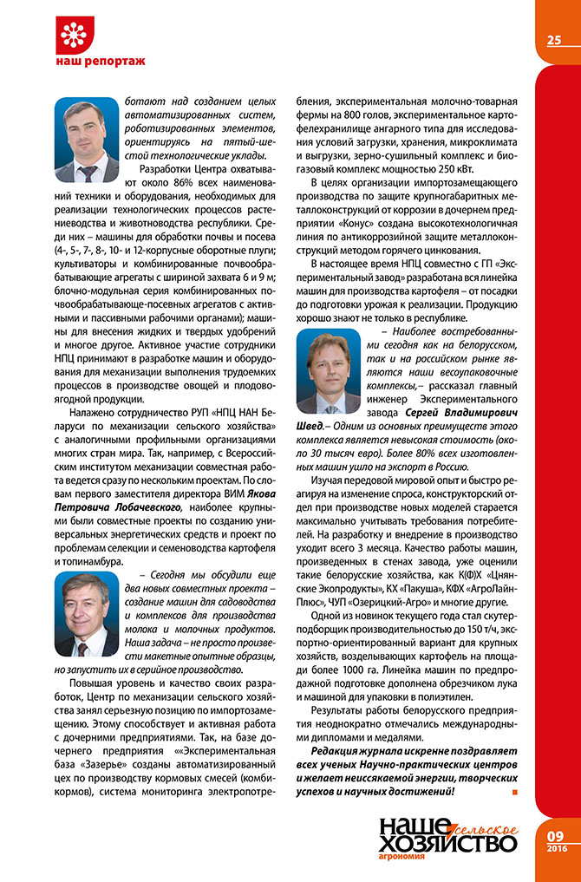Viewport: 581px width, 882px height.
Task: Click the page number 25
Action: (x=555, y=40)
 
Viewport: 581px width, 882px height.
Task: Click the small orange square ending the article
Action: (x=515, y=793)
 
